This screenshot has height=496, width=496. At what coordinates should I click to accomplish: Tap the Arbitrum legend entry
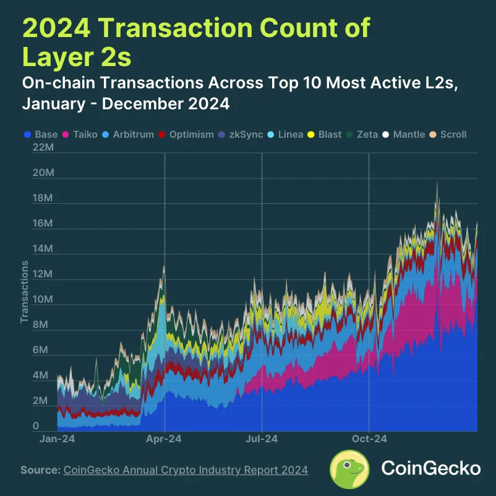pyautogui.click(x=129, y=134)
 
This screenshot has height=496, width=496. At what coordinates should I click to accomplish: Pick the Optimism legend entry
pyautogui.click(x=187, y=134)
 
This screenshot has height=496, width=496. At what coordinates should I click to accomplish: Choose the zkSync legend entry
pyautogui.click(x=241, y=134)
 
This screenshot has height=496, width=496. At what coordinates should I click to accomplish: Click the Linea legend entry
pyautogui.click(x=286, y=134)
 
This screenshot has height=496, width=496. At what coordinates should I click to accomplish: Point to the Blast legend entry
pyautogui.click(x=325, y=134)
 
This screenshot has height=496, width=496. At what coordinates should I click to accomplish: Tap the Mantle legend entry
pyautogui.click(x=404, y=134)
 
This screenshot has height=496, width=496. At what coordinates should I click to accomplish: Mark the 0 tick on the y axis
pyautogui.click(x=36, y=426)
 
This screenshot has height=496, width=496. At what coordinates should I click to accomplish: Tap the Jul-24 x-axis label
pyautogui.click(x=262, y=439)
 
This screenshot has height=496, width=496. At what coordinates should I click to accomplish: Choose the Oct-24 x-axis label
pyautogui.click(x=369, y=439)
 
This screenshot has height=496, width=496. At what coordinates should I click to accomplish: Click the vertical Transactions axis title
pyautogui.click(x=25, y=292)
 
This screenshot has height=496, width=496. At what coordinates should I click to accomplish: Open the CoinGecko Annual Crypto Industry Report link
pyautogui.click(x=186, y=470)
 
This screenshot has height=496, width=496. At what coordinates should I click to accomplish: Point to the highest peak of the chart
pyautogui.click(x=437, y=182)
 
